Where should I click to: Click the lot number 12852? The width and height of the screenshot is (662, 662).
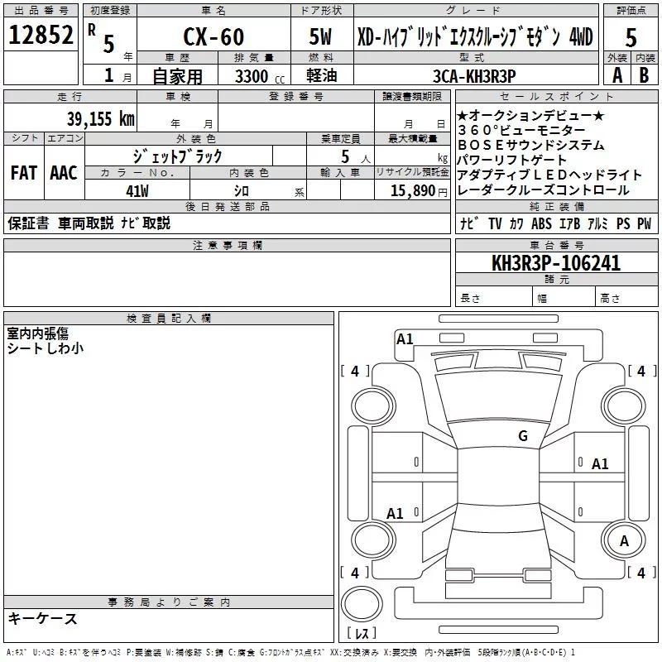tap(41, 36)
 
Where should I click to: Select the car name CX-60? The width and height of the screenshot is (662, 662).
tap(213, 37)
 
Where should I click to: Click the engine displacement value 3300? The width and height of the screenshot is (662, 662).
tap(254, 75)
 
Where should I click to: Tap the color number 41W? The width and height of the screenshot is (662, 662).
tap(137, 190)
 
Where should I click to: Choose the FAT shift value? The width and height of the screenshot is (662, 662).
tap(23, 173)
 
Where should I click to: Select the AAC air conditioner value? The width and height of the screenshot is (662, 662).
tap(64, 173)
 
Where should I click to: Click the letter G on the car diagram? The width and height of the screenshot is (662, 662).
tap(523, 436)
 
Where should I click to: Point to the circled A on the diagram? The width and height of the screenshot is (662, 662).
tap(625, 540)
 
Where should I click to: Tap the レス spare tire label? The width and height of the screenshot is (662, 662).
tap(362, 634)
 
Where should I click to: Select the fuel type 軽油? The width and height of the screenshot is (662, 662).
tap(323, 75)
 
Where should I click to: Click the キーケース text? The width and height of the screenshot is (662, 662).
tap(42, 619)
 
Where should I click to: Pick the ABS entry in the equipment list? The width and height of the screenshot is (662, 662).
tap(542, 223)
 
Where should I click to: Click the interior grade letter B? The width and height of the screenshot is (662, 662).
tap(643, 75)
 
